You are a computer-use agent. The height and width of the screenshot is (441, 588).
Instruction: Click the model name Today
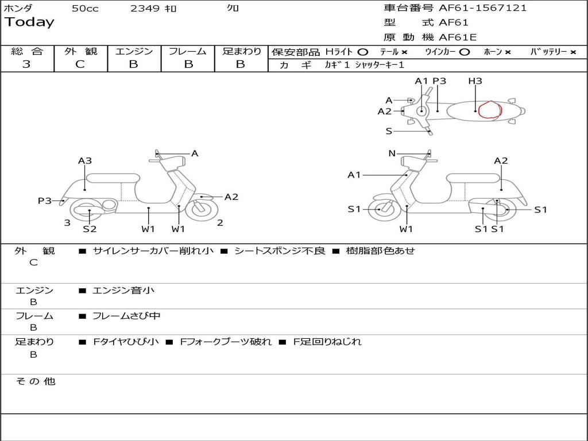click(x=29, y=22)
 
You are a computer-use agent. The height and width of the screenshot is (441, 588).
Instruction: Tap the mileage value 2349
click(x=145, y=9)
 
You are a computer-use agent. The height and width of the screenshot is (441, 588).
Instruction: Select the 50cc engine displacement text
click(x=85, y=9)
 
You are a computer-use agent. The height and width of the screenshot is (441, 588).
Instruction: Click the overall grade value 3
click(x=26, y=64)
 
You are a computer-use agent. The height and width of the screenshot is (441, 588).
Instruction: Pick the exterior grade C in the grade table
click(x=80, y=64)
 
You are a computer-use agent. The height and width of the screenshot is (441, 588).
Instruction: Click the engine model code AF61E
click(x=458, y=37)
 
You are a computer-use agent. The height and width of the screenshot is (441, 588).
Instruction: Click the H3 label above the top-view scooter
click(x=475, y=81)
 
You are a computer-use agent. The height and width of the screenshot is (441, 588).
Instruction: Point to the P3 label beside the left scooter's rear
click(x=45, y=200)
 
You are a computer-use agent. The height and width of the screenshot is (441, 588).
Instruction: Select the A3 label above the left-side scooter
click(x=85, y=161)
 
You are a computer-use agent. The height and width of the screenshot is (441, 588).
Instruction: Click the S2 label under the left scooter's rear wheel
click(x=90, y=229)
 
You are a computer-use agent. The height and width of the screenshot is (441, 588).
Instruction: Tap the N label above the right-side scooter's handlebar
click(x=392, y=153)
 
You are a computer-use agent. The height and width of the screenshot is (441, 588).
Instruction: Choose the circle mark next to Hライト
click(x=362, y=52)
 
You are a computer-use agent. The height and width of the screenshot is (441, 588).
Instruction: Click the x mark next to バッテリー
click(x=573, y=52)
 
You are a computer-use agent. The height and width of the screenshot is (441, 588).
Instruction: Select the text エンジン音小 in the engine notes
click(x=123, y=291)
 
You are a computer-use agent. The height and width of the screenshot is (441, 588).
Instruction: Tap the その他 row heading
click(x=35, y=381)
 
